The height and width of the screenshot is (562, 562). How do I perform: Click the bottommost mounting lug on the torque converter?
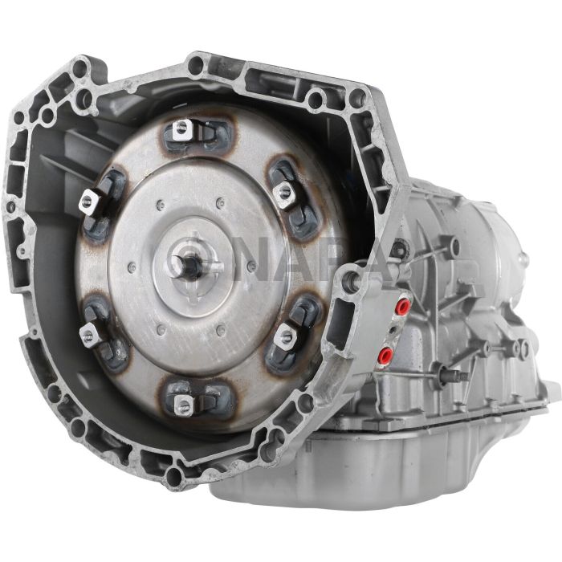coord(185,406)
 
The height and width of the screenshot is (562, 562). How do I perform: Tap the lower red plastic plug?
coord(387,354)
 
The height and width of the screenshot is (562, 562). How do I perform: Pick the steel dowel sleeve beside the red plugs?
coord(352,282)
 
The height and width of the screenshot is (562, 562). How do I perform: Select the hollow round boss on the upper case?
coord(454,245)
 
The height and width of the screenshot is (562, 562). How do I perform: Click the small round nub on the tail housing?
coord(524,259)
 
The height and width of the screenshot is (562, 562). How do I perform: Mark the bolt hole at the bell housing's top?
coord(195,67)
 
